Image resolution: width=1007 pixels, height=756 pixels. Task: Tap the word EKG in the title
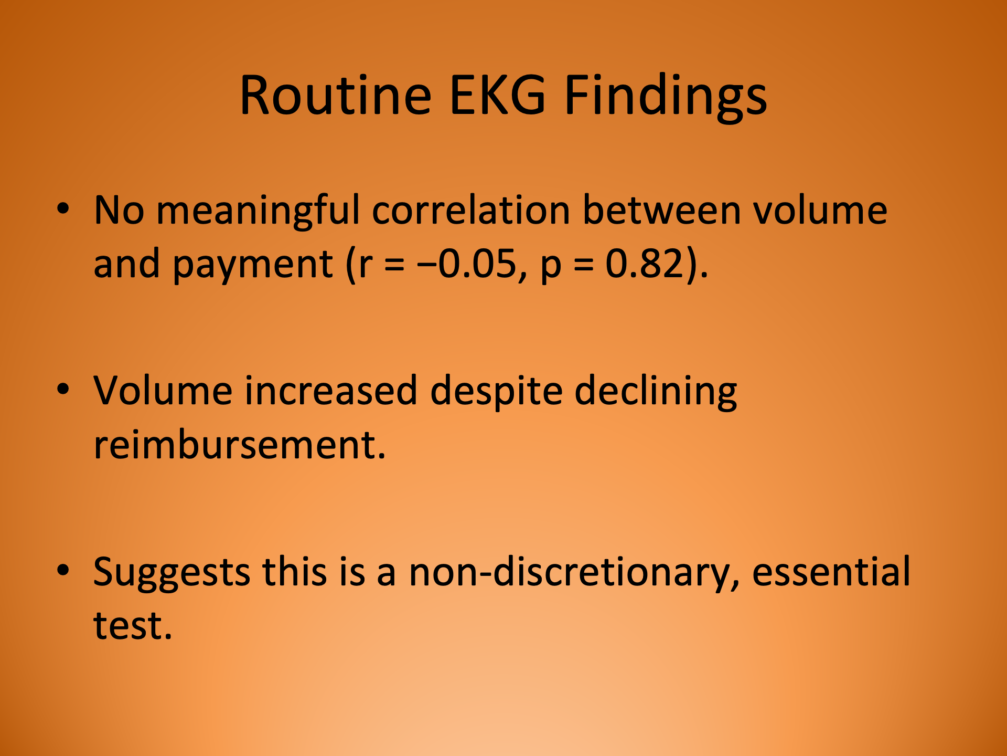[x=498, y=96]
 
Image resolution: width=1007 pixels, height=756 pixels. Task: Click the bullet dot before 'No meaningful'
[x=63, y=208]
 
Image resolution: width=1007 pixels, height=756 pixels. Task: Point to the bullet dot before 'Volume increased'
[x=63, y=390]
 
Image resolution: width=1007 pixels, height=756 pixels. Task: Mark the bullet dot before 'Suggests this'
[x=63, y=570]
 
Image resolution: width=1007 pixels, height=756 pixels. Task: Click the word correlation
[x=470, y=210]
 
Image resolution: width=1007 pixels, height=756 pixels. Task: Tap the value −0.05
[x=467, y=264]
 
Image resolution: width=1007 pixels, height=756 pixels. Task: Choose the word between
[x=661, y=210]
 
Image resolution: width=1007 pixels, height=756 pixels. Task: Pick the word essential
[x=831, y=572]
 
